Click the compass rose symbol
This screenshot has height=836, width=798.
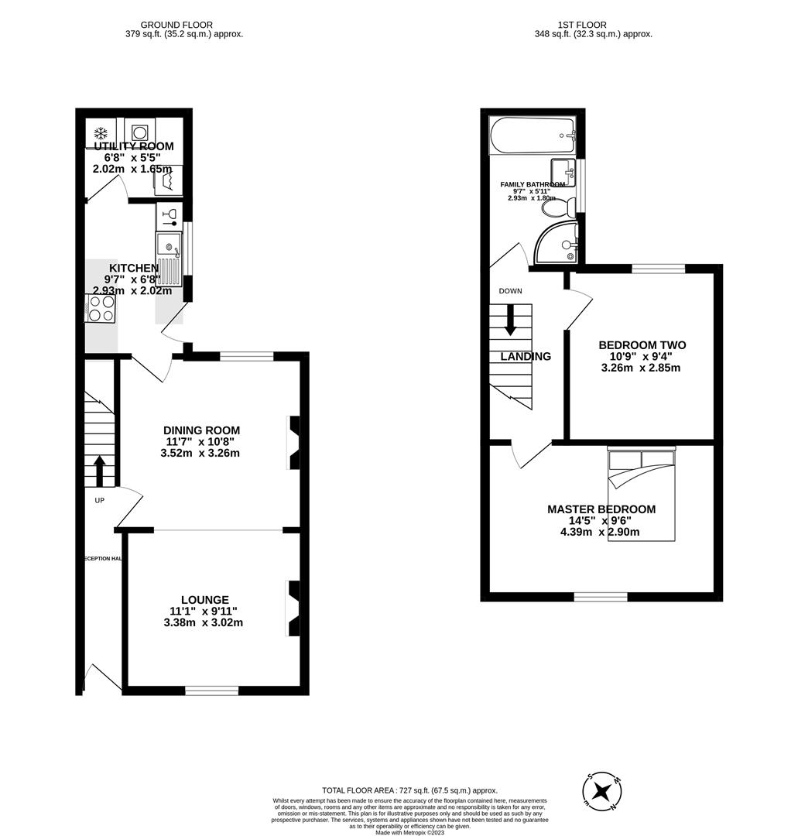click(602, 793)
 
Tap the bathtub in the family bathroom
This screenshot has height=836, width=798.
click(533, 135)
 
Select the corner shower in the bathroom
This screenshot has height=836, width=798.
click(558, 242)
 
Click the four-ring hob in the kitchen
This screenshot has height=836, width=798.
click(101, 308)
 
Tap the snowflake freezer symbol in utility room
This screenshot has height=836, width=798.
click(100, 132)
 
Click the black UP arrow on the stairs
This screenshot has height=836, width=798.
click(99, 469)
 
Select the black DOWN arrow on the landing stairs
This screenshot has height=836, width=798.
click(510, 320)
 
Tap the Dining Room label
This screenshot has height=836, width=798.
click(201, 430)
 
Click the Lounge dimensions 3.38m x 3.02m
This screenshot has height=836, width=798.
click(204, 622)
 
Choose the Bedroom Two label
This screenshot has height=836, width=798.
click(642, 345)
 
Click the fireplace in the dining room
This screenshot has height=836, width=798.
click(294, 443)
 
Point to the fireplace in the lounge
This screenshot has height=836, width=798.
click(294, 608)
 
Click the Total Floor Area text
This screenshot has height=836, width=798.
click(409, 790)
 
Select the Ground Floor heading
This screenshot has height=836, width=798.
click(176, 25)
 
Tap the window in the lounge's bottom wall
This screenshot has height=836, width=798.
click(211, 690)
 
